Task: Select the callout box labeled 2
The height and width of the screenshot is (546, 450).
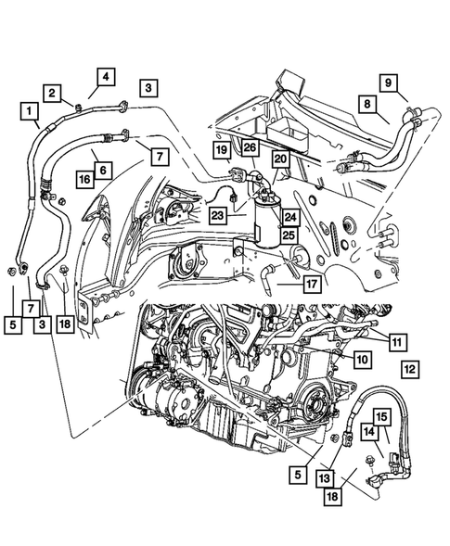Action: tap(54, 92)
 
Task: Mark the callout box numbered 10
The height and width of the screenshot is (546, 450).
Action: tap(361, 357)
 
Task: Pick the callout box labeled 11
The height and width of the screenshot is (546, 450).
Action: tap(396, 342)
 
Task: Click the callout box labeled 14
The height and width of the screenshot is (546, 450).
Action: tap(369, 431)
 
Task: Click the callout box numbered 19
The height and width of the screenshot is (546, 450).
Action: tap(223, 150)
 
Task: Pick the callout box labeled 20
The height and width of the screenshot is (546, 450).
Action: tap(279, 159)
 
